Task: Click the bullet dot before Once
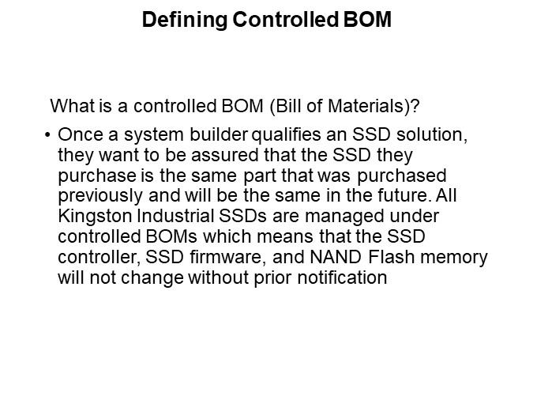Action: [50, 135]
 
